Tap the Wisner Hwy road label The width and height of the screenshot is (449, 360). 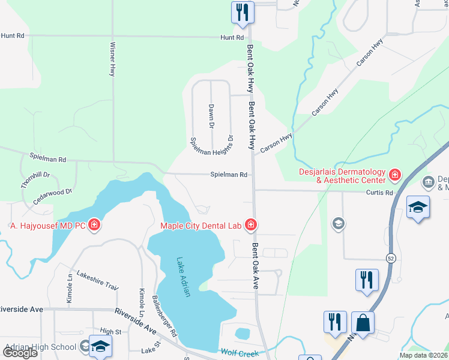112,58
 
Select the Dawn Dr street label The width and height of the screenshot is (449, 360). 211,116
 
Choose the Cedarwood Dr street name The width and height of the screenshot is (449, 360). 53,199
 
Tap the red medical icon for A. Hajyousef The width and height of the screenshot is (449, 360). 94,226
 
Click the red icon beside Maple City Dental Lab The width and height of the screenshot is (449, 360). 250,226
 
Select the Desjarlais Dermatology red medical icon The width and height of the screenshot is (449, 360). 395,175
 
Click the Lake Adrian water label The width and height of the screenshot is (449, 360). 183,277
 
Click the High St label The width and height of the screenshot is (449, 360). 110,331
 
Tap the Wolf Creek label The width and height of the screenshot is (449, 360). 240,353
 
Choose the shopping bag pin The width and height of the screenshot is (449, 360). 363,323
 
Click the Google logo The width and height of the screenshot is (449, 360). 20,353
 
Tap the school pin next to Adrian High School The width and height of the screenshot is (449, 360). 100,346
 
